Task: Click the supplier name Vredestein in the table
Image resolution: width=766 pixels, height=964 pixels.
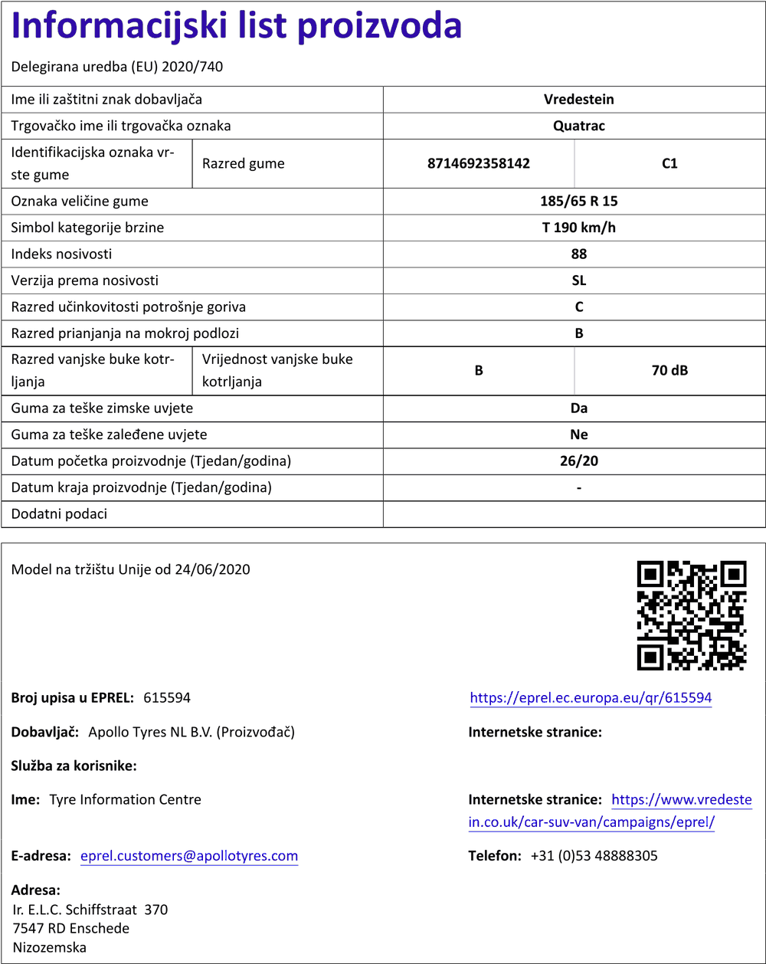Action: point(578,100)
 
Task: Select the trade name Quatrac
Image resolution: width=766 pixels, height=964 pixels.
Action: point(578,126)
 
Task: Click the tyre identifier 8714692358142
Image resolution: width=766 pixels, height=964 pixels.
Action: point(478,163)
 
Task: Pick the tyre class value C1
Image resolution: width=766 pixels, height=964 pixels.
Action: point(669,163)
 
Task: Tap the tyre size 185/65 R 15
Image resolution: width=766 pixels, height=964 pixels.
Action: point(578,202)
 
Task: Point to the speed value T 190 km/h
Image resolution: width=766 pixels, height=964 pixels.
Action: point(578,228)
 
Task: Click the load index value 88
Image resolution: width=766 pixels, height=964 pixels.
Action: point(578,254)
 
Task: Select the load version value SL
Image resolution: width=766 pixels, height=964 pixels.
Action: point(578,280)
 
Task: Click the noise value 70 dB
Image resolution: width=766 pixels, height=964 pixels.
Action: point(669,371)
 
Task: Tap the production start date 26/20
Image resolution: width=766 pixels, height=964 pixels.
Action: point(578,461)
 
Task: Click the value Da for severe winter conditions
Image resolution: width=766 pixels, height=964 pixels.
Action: point(578,408)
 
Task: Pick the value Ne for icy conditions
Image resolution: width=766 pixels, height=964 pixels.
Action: point(578,434)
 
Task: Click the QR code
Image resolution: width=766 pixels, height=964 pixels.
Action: point(692,615)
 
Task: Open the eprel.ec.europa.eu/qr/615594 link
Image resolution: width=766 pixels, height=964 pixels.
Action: point(591,698)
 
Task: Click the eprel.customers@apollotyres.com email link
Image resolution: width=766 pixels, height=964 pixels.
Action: point(189,856)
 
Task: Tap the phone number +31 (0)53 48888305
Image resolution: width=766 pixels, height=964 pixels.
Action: point(594,856)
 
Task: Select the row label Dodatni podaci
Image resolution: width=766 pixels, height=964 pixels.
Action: point(59,514)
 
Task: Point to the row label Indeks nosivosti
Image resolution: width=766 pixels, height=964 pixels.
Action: point(61,254)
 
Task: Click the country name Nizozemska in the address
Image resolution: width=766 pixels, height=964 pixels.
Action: point(50,947)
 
